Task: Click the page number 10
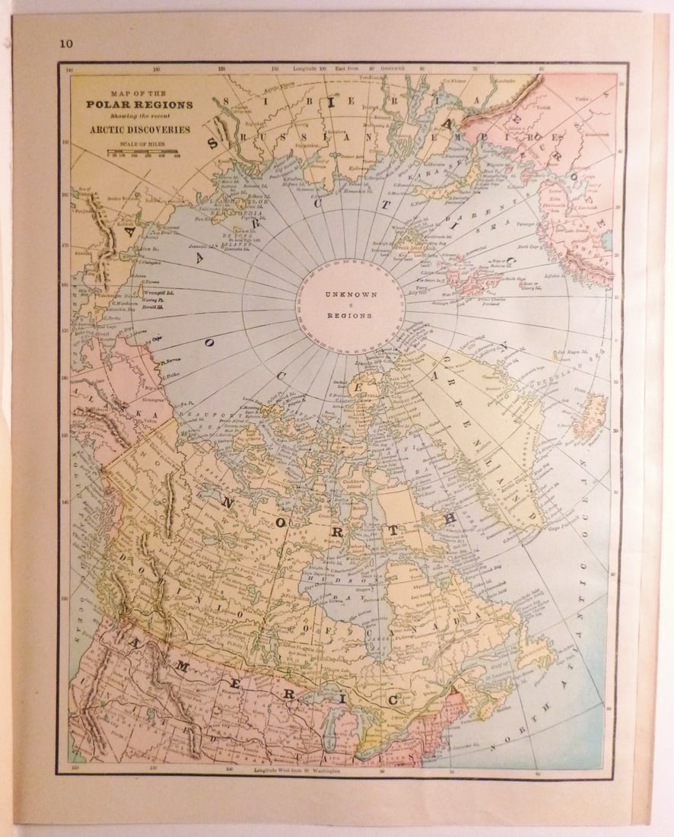pos(66,43)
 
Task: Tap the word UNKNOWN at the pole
pos(347,294)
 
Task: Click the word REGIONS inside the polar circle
pos(347,315)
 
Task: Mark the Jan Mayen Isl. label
pos(567,352)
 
